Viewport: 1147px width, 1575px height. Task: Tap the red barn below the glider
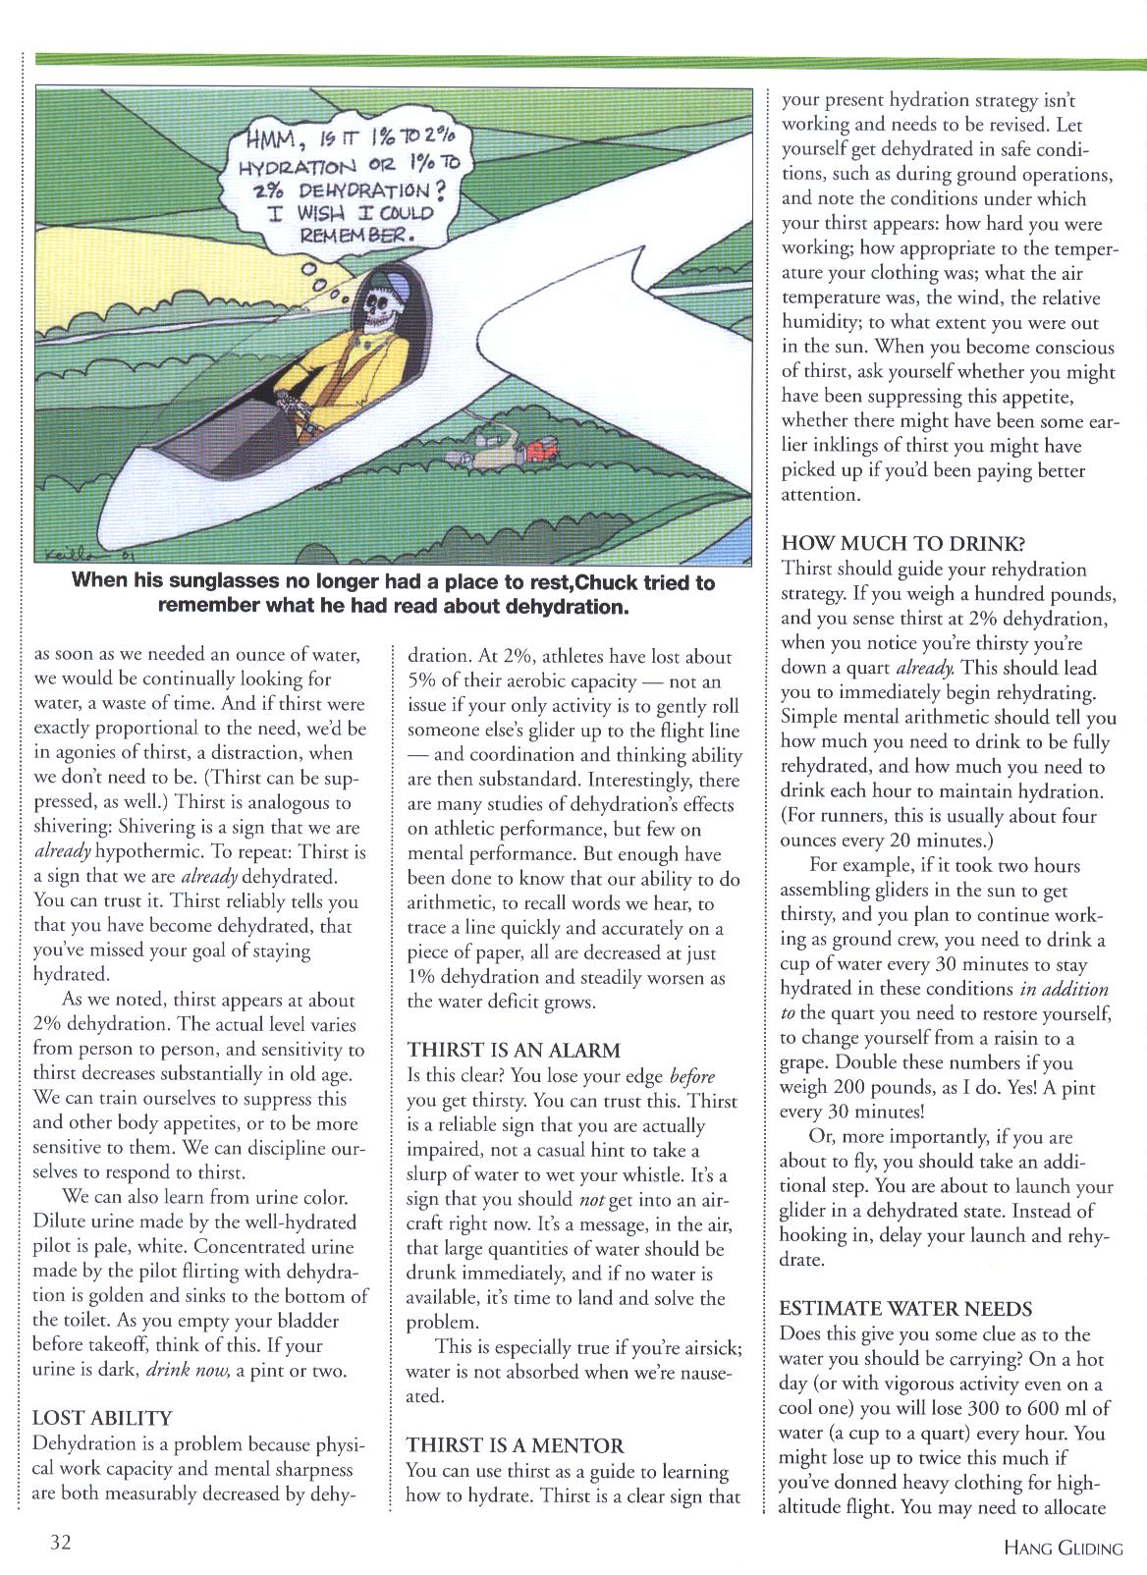[x=537, y=451]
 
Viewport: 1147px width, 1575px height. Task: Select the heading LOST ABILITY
[x=102, y=1418]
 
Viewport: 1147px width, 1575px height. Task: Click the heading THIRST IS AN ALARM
[x=514, y=1050]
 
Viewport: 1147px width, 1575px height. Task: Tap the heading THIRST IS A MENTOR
[x=516, y=1445]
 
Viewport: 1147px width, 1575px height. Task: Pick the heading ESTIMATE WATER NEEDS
[x=905, y=1309]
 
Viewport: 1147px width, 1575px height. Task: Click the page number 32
[x=61, y=1542]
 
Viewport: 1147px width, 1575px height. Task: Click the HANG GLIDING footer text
[x=1063, y=1548]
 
